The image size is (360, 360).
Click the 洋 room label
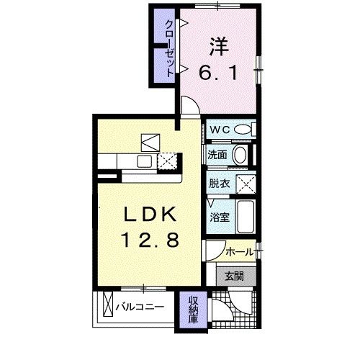219,46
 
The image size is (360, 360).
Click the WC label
220,130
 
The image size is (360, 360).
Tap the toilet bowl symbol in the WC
244,130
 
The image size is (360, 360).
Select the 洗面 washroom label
218,155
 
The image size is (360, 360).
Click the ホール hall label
238,251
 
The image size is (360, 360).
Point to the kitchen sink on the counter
142,161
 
